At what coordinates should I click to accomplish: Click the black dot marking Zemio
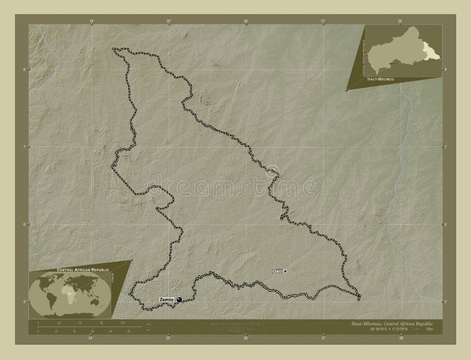179,300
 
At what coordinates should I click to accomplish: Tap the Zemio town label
166,300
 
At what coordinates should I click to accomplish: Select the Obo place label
277,271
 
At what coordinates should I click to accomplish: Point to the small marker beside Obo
286,271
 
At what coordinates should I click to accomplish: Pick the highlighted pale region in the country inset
434,53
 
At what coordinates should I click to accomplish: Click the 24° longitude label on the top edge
91,21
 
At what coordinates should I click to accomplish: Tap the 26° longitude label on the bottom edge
246,339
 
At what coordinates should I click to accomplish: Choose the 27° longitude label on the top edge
323,21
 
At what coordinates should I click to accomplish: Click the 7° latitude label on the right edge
445,146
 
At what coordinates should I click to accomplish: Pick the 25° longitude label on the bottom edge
168,339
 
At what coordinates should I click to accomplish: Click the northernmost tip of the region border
115,49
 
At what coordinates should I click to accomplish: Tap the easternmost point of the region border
360,295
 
